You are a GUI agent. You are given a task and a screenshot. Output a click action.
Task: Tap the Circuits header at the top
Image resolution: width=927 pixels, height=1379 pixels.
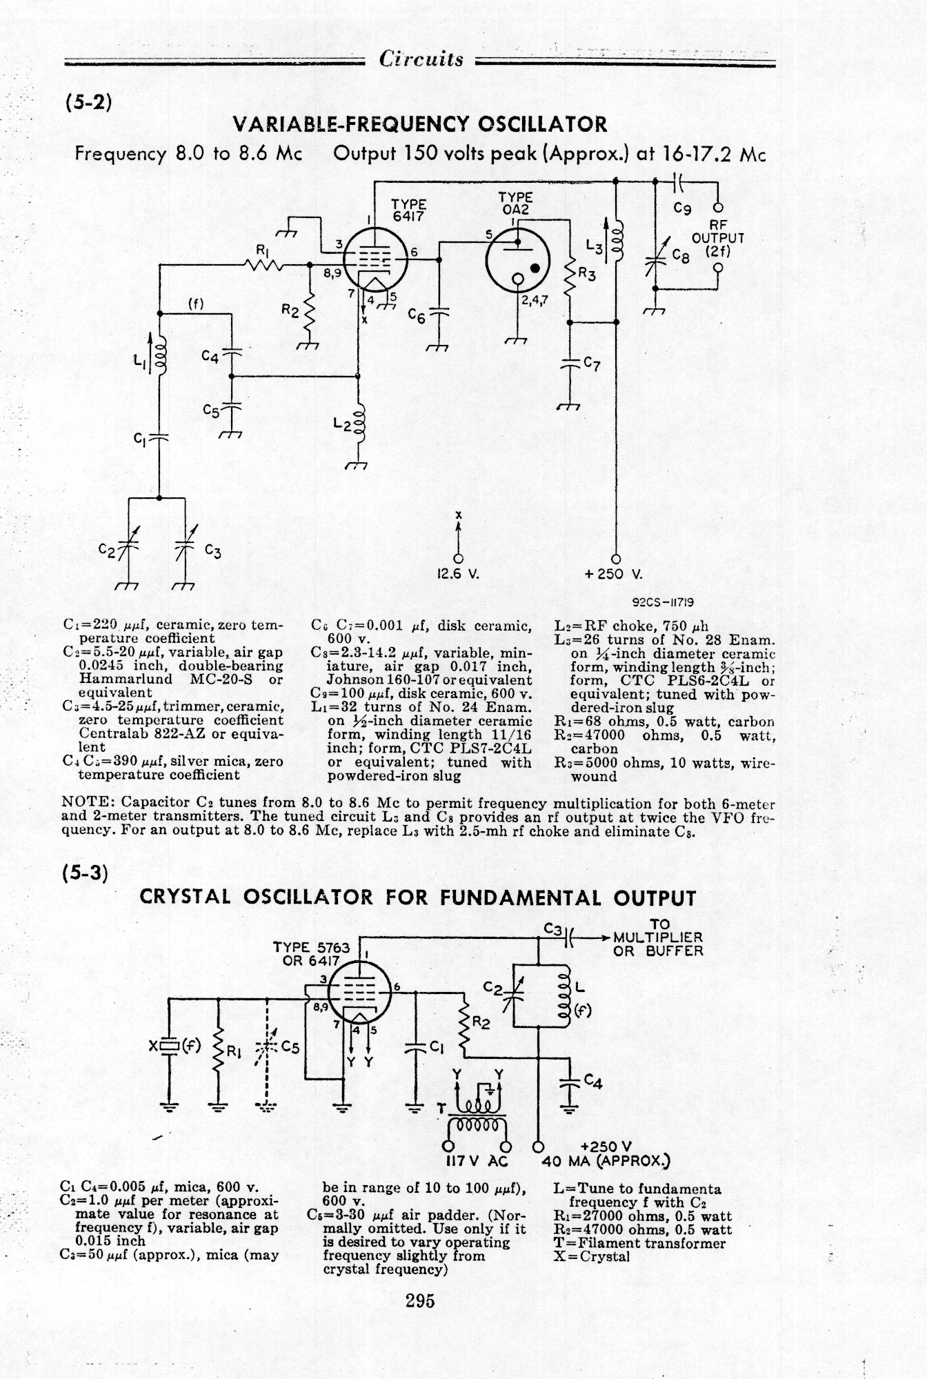(421, 59)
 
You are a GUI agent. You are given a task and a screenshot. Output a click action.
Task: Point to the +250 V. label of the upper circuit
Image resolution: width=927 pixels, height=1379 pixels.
(613, 574)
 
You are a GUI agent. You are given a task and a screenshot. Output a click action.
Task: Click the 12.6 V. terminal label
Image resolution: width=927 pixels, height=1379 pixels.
(458, 574)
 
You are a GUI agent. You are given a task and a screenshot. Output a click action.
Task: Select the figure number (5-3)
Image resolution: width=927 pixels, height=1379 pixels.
(86, 871)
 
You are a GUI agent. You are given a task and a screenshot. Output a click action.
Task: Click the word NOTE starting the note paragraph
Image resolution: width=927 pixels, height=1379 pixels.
(84, 804)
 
